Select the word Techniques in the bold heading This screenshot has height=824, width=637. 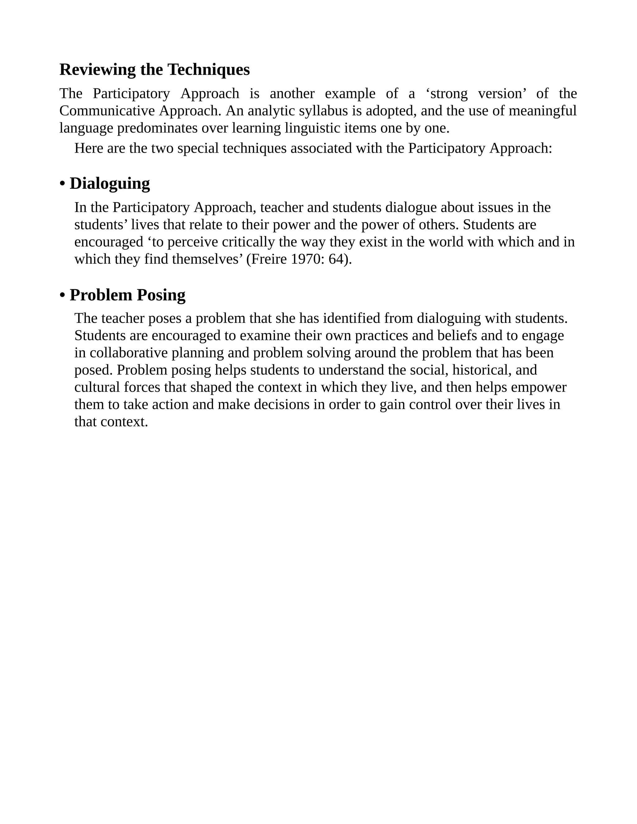[208, 70]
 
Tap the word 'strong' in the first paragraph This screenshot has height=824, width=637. [449, 94]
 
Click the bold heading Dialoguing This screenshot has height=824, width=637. [109, 184]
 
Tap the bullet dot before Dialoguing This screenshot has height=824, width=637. [62, 184]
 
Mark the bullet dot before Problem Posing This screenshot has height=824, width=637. [62, 295]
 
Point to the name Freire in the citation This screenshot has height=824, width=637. [269, 260]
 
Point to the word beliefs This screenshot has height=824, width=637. [457, 336]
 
